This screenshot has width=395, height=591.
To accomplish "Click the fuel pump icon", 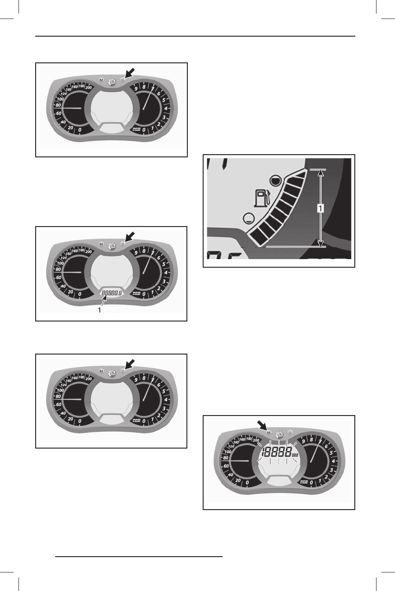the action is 261,198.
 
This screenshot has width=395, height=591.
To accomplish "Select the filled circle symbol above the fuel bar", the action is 274,181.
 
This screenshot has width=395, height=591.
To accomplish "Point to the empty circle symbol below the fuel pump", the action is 248,218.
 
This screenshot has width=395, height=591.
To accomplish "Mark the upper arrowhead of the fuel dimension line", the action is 320,172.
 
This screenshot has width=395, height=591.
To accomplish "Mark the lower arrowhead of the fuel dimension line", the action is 320,245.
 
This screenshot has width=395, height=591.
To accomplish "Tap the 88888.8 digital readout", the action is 112,293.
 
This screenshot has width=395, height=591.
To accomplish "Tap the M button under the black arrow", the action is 269,433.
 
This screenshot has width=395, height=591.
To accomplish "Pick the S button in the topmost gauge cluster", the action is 122,80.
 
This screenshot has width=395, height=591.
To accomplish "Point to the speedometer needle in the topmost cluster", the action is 72,109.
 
